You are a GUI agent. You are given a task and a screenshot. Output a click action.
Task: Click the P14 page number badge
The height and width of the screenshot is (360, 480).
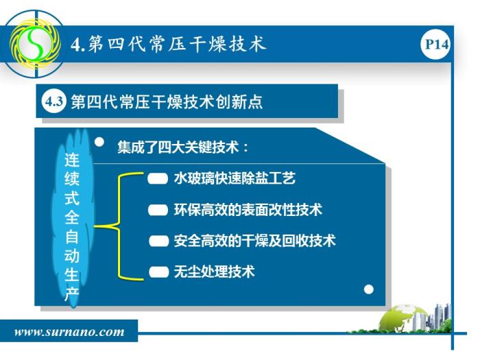click(435, 45)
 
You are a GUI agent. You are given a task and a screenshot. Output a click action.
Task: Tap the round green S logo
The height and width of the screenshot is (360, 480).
click(34, 44)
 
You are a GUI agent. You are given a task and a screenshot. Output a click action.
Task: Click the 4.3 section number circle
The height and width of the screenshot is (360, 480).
click(54, 101)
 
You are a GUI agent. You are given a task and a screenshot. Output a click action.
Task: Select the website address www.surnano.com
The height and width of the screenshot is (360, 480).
click(69, 332)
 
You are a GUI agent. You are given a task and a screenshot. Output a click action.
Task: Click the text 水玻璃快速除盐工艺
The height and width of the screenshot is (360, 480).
click(235, 178)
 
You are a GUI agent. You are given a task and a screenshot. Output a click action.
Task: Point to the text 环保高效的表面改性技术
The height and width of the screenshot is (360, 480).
click(248, 210)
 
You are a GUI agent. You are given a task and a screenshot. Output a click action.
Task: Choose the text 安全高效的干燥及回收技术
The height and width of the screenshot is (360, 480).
click(254, 241)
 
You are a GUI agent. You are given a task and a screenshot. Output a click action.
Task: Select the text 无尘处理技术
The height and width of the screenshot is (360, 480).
click(214, 272)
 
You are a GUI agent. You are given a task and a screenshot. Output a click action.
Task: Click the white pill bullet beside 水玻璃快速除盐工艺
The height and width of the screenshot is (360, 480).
click(158, 178)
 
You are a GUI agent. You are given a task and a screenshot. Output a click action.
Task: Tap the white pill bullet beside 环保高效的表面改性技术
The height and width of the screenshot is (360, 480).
click(158, 210)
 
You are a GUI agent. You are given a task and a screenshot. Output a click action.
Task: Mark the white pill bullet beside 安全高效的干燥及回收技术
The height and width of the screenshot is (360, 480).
click(158, 241)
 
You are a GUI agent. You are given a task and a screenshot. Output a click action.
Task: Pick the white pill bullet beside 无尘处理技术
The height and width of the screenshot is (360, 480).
click(158, 272)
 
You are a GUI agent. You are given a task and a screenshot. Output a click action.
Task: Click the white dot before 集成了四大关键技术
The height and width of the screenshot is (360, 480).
click(99, 142)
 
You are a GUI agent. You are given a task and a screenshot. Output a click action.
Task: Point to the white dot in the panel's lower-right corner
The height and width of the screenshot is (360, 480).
click(369, 289)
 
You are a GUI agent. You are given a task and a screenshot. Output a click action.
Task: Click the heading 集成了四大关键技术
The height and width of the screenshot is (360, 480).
click(183, 147)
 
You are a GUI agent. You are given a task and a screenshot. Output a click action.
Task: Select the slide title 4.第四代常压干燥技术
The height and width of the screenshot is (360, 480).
click(168, 44)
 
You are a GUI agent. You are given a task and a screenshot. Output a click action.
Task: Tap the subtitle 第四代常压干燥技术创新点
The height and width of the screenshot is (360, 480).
click(167, 101)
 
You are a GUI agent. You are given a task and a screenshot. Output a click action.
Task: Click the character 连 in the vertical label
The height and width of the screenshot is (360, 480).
click(72, 160)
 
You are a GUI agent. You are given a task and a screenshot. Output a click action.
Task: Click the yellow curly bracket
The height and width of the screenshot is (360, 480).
click(119, 226)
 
